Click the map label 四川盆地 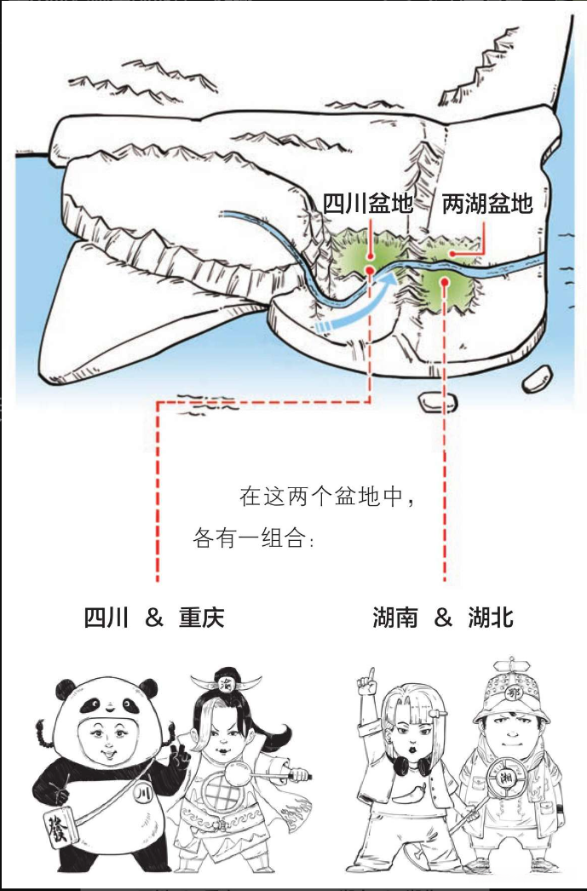point(368,203)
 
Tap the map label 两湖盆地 point(487,203)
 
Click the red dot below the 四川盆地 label point(370,271)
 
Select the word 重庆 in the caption point(202,617)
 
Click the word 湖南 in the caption point(395,617)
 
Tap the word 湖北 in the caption point(491,617)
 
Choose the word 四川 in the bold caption point(106,617)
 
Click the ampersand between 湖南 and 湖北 point(443,618)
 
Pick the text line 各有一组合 point(253,537)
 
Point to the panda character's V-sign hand point(180,759)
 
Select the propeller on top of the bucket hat point(511,664)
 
